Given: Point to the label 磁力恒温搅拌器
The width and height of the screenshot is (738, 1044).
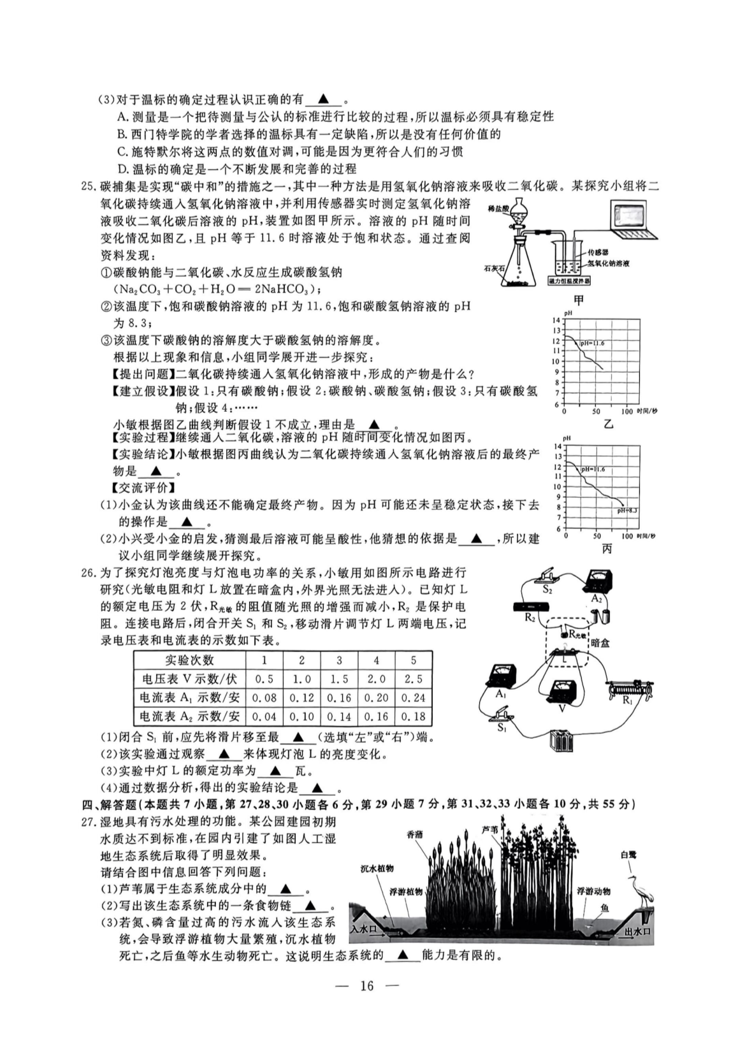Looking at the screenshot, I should [x=569, y=281].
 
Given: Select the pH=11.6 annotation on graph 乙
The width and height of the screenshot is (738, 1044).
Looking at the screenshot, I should [x=592, y=344].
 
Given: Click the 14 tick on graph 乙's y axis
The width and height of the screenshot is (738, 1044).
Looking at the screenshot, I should [x=556, y=320].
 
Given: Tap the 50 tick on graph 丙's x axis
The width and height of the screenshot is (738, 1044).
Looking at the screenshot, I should [x=597, y=536].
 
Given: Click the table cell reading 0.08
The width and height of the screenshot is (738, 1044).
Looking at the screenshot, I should [x=264, y=697].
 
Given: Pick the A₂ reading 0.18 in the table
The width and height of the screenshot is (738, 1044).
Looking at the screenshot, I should [x=413, y=716].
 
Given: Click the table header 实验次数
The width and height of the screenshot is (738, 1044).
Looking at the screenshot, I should [x=189, y=660].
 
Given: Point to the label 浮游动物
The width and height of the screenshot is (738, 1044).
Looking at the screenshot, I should [x=593, y=892].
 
